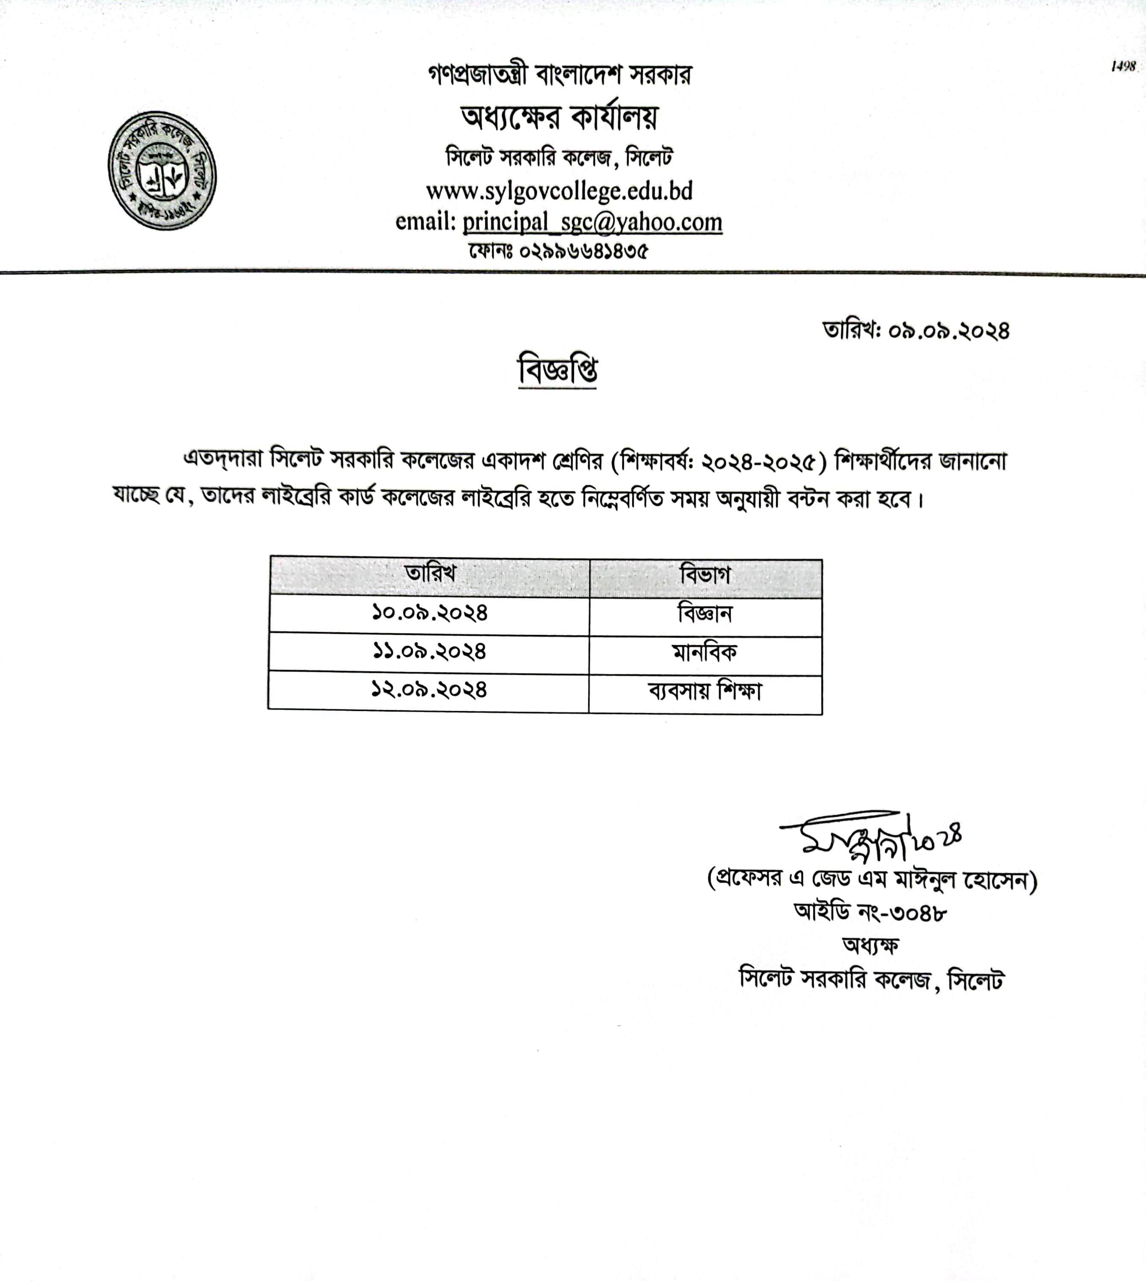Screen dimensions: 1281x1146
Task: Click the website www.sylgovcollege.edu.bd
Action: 559,191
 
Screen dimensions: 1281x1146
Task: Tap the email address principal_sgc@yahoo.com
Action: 592,222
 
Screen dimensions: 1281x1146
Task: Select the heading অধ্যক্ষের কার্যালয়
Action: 559,117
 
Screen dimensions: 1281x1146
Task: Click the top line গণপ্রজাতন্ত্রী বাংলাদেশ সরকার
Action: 559,75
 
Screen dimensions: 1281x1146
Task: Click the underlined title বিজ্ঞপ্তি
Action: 557,370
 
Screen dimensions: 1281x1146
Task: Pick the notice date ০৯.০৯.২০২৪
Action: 948,331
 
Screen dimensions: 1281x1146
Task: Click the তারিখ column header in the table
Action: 430,574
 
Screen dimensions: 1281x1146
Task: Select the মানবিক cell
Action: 705,653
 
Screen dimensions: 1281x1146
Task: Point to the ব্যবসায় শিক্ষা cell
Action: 705,692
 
